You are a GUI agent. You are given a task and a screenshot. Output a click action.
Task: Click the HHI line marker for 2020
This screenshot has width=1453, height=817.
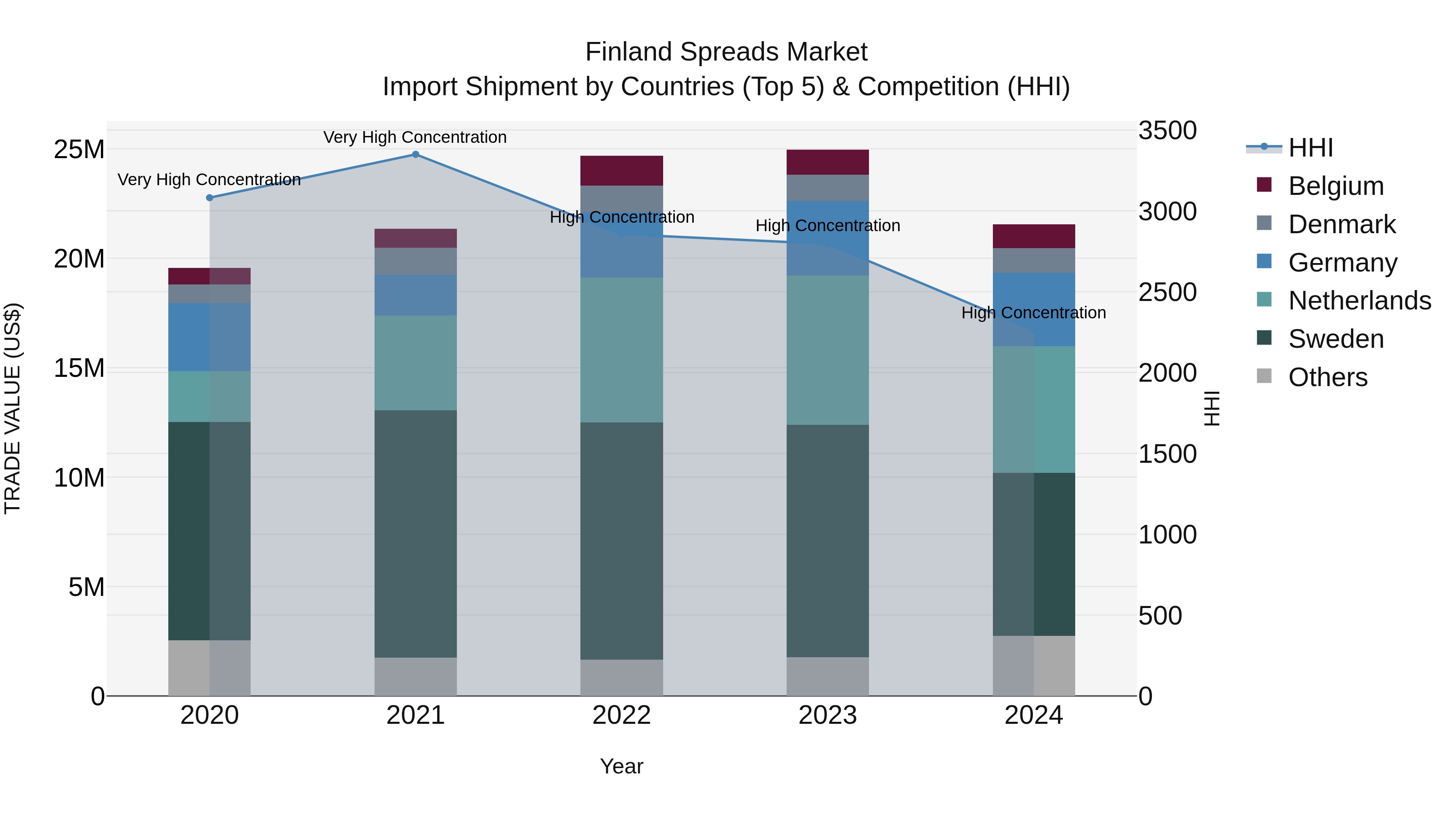209,198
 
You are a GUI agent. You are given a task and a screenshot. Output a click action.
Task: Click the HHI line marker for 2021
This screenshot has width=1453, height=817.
415,155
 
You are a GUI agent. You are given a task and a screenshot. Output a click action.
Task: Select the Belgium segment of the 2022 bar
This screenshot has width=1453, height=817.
622,171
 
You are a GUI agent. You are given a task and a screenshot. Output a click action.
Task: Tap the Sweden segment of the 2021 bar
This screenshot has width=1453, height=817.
415,533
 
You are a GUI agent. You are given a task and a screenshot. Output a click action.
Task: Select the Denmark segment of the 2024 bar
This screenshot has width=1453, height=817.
1033,261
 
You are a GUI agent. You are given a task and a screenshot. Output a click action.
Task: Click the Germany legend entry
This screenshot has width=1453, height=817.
1342,263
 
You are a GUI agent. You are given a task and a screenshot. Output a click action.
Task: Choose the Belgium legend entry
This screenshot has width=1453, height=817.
1336,186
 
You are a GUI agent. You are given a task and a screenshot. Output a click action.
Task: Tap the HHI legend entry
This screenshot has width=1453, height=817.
1310,148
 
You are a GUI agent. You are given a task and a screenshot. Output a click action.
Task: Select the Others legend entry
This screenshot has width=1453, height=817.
1328,377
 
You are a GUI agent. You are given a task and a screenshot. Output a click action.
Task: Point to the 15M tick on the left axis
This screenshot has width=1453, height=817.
79,368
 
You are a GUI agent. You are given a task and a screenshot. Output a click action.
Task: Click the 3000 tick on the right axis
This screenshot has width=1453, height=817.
1167,212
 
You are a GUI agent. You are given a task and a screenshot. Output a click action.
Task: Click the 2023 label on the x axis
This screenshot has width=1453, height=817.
827,715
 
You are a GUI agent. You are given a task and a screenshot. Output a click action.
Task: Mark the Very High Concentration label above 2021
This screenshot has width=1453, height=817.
415,138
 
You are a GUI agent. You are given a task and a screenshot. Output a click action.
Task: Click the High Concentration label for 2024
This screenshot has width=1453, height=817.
1033,313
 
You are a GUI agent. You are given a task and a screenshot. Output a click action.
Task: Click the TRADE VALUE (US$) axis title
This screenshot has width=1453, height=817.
13,408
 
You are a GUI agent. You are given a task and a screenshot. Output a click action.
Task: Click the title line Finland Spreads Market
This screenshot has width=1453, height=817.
726,52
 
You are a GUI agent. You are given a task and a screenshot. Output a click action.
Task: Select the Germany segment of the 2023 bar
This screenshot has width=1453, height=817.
827,238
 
